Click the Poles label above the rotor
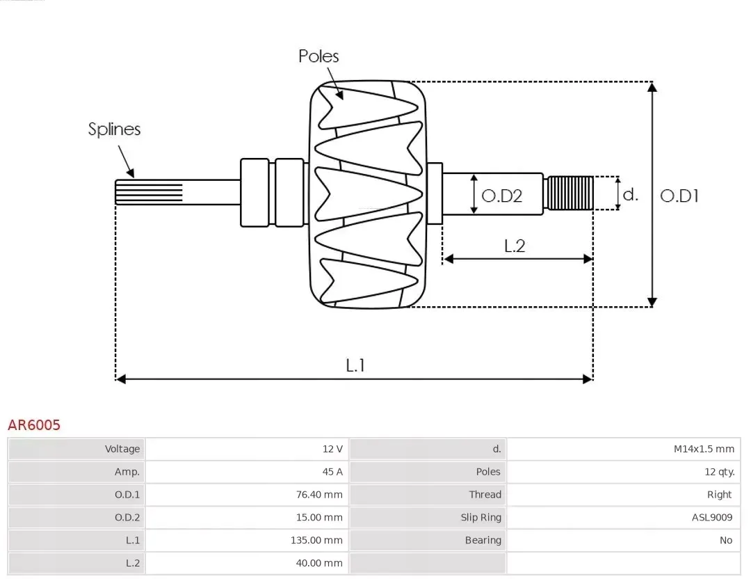pyautogui.click(x=318, y=56)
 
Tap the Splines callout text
pyautogui.click(x=114, y=129)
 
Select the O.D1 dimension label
pyautogui.click(x=679, y=196)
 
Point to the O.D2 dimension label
pyautogui.click(x=501, y=196)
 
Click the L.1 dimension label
pyautogui.click(x=355, y=365)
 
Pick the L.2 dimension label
pyautogui.click(x=515, y=245)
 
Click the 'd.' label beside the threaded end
pyautogui.click(x=630, y=194)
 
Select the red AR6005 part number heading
pyautogui.click(x=34, y=425)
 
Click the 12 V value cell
pyautogui.click(x=332, y=449)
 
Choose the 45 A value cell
pyautogui.click(x=332, y=472)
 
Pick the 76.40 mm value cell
pyautogui.click(x=319, y=495)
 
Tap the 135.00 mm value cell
pyautogui.click(x=316, y=540)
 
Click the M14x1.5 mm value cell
pyautogui.click(x=704, y=449)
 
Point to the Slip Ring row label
pyautogui.click(x=481, y=517)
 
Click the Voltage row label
pyautogui.click(x=122, y=449)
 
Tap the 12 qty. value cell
pyautogui.click(x=719, y=472)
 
